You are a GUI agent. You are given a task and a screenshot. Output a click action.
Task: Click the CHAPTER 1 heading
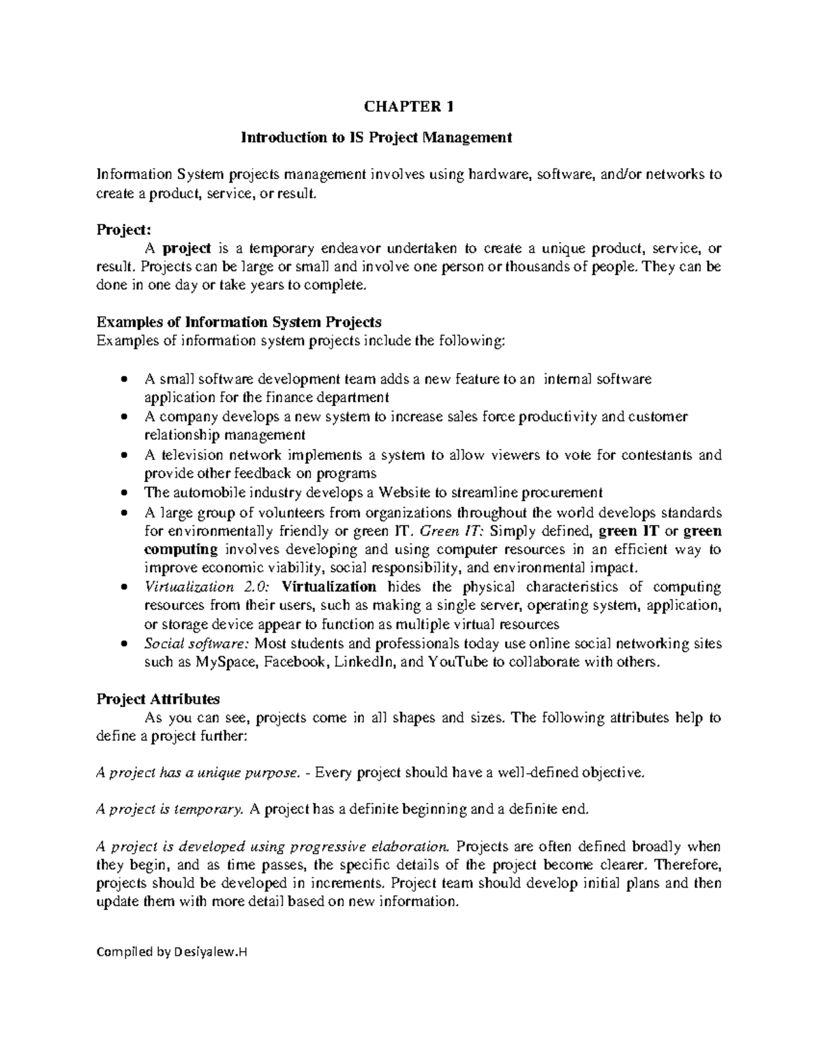click(x=409, y=106)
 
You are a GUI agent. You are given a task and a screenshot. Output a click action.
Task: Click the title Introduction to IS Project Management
click(x=376, y=138)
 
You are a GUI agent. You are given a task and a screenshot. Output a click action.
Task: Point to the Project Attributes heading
click(x=158, y=698)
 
